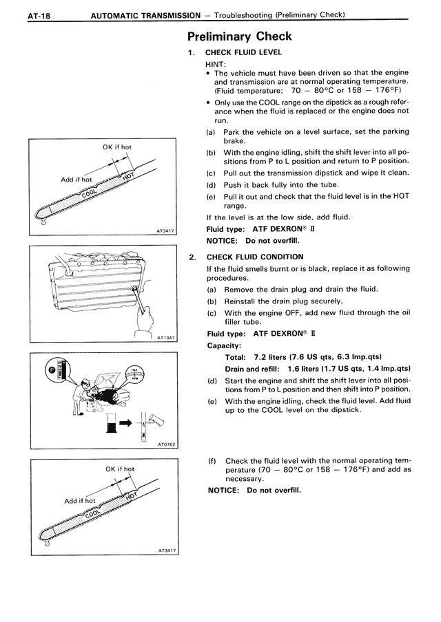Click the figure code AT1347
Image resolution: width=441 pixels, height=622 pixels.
pyautogui.click(x=166, y=339)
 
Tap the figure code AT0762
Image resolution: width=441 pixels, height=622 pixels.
pyautogui.click(x=166, y=444)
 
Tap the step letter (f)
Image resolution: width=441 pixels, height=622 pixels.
pyautogui.click(x=213, y=460)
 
